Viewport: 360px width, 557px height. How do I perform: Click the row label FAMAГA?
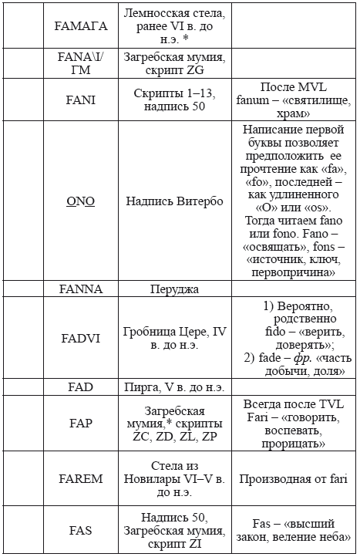(80, 25)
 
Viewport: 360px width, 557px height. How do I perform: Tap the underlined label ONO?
(80, 201)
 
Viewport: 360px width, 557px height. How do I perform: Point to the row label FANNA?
(80, 289)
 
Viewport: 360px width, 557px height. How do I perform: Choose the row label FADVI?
(80, 338)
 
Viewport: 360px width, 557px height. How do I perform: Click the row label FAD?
(80, 386)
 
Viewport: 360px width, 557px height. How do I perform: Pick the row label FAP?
(80, 424)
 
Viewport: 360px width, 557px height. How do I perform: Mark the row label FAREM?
(80, 479)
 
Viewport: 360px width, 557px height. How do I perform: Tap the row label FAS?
(80, 530)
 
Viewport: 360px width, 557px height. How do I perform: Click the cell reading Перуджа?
(175, 289)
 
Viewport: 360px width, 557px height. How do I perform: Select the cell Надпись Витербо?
(175, 201)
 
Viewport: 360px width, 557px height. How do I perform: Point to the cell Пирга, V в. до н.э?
(175, 386)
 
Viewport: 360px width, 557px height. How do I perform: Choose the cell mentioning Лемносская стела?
(175, 25)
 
